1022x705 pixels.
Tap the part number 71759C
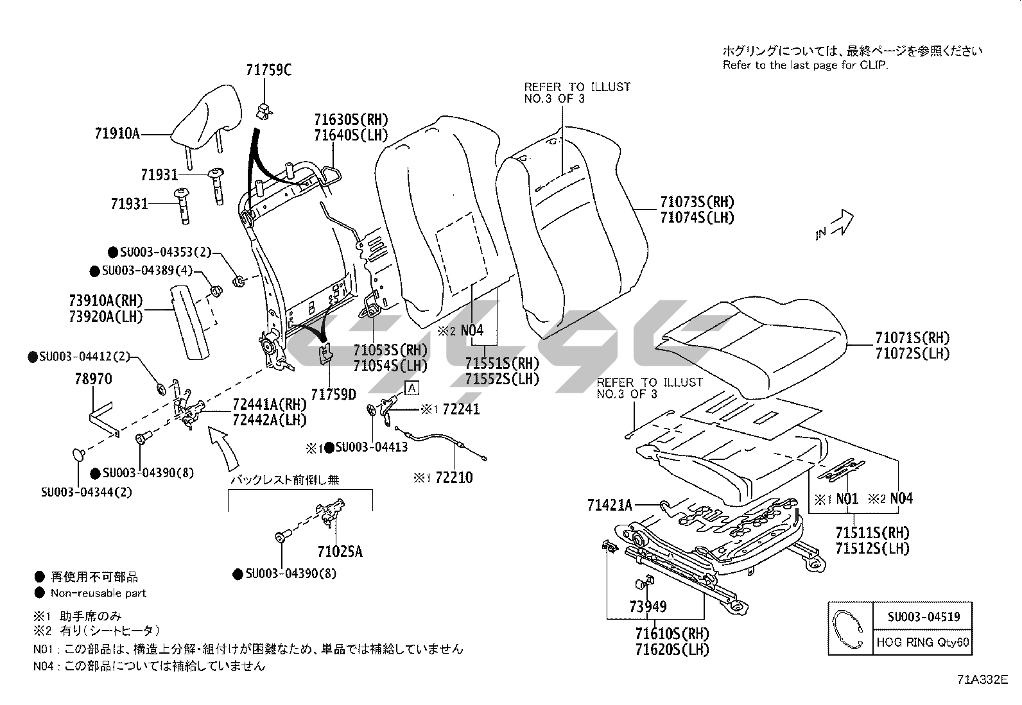268,70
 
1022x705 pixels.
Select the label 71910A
117,134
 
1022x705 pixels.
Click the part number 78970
93,379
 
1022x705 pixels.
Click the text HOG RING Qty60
923,643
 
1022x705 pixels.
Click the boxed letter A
411,387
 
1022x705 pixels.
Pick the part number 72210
453,477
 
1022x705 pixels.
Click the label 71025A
340,551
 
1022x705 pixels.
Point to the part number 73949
648,606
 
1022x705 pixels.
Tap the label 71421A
609,505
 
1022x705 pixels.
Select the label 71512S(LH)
872,548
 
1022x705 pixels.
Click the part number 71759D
333,395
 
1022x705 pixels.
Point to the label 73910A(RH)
106,301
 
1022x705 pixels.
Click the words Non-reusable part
98,593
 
